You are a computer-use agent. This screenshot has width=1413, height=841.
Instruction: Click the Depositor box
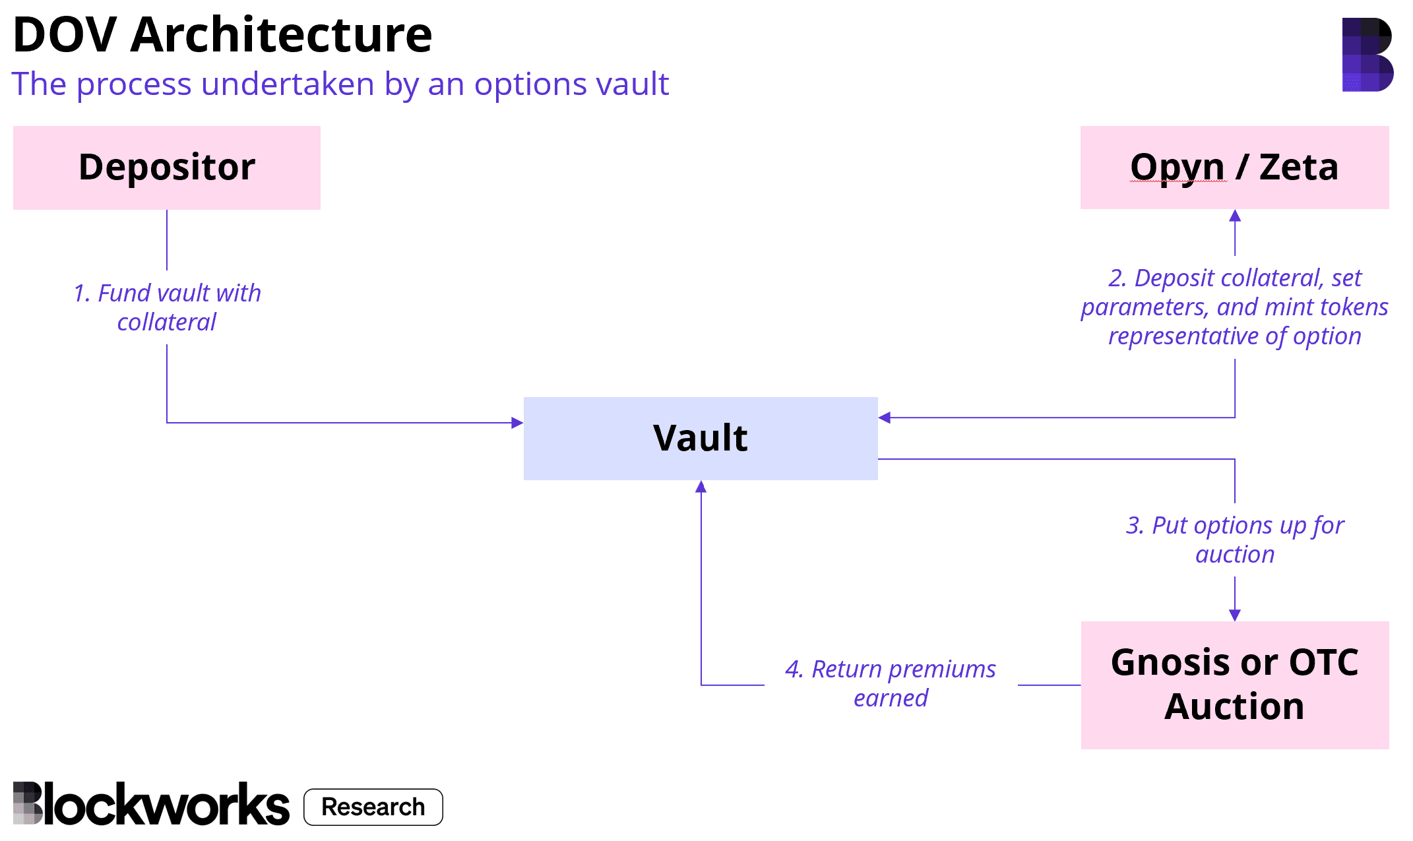coord(166,168)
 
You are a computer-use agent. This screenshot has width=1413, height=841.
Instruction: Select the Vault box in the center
coord(700,438)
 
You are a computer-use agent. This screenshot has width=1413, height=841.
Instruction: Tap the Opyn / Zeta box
coord(1234,168)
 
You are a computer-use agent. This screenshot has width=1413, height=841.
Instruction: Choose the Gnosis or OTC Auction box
coord(1234,685)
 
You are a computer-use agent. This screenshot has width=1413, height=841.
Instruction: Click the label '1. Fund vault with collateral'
coord(167,307)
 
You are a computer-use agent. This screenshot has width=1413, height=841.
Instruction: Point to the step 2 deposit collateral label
coord(1234,307)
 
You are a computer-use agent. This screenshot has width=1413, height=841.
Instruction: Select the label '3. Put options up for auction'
coord(1234,540)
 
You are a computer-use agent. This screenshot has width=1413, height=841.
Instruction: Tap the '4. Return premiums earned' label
coord(891,683)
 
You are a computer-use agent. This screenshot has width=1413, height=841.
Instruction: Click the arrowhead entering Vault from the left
coord(518,423)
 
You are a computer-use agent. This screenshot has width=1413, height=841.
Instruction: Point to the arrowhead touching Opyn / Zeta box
coord(1235,216)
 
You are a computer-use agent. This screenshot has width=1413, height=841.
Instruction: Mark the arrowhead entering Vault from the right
coord(885,418)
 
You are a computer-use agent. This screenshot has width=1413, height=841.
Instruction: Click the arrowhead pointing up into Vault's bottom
coord(701,487)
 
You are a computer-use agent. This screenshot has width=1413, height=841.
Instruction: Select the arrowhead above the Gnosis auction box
coord(1235,615)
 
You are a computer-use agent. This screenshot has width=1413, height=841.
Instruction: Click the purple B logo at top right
coord(1367,54)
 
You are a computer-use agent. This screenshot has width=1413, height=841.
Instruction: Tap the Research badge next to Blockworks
coord(373,807)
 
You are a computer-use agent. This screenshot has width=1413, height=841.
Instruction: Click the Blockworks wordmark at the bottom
coord(151,804)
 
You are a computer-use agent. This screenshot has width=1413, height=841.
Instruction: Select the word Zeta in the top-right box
coord(1298,168)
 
